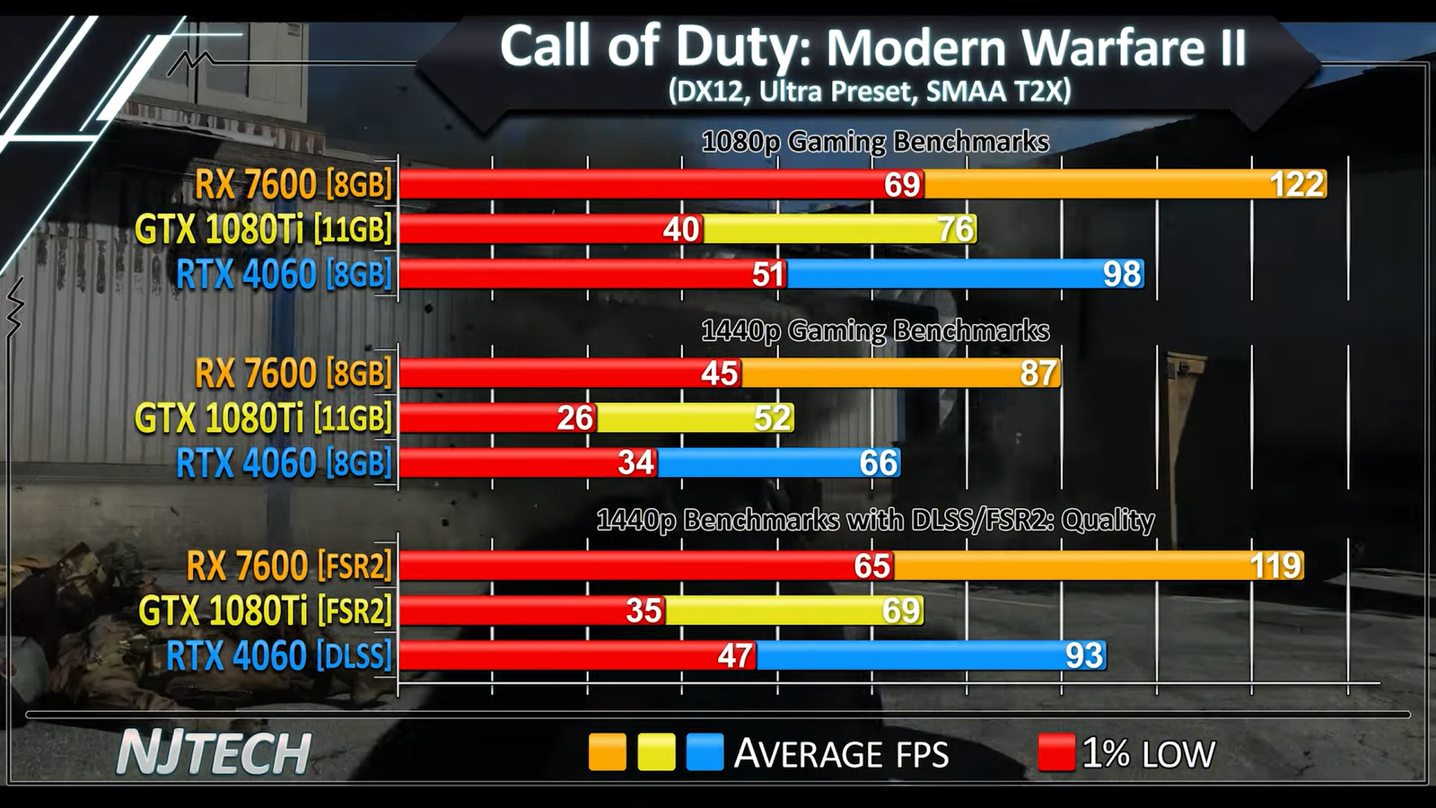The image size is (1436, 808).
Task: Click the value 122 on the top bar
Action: (x=1297, y=184)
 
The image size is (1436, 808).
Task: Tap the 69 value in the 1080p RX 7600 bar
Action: (x=902, y=184)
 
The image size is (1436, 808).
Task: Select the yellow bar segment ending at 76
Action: (x=839, y=229)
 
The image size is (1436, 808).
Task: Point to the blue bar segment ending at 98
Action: (x=965, y=274)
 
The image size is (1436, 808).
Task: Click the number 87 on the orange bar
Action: (x=1038, y=373)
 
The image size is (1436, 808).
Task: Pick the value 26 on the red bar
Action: (x=575, y=417)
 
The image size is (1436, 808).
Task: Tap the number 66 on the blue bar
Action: (x=878, y=463)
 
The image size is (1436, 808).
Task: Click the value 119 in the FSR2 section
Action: (x=1275, y=566)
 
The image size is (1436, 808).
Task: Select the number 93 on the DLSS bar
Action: (x=1083, y=655)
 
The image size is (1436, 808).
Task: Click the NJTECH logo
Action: (x=215, y=752)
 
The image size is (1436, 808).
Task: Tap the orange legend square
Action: (x=608, y=752)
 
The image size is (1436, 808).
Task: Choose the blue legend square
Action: (x=705, y=752)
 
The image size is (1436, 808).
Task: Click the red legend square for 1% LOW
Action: (x=1056, y=752)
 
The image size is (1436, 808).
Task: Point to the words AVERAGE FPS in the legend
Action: (x=841, y=754)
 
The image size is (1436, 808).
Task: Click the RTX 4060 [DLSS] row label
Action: (x=279, y=655)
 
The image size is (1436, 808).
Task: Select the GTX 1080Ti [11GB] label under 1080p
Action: (x=263, y=229)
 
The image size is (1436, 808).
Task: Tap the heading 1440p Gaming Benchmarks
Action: (x=874, y=331)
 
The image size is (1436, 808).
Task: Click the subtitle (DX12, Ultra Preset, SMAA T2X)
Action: (x=869, y=92)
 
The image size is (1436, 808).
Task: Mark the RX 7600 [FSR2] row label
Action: (x=289, y=566)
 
